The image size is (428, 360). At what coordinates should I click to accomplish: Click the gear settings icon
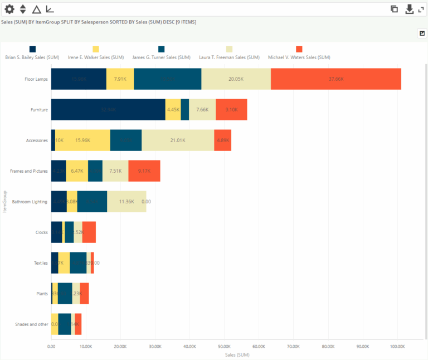click(x=9, y=9)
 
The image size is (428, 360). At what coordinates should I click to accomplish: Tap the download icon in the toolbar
click(x=409, y=9)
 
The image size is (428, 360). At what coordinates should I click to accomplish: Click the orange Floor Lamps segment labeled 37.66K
click(x=336, y=79)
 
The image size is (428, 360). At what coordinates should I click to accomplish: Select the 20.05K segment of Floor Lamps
click(x=236, y=79)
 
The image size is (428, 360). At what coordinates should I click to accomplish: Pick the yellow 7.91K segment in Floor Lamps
click(x=120, y=79)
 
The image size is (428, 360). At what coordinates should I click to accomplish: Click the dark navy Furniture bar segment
click(x=108, y=110)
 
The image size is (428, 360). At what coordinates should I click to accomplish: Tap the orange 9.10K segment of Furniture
click(x=231, y=110)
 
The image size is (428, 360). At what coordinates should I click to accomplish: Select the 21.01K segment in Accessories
click(x=178, y=140)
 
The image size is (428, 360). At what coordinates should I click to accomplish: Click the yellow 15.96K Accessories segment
click(x=82, y=140)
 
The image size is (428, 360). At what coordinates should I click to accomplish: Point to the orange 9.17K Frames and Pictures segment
click(x=144, y=171)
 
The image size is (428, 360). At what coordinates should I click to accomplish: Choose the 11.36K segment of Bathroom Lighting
click(x=127, y=202)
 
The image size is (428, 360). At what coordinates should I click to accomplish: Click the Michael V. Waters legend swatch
click(x=299, y=49)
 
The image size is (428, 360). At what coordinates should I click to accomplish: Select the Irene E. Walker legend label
click(x=95, y=57)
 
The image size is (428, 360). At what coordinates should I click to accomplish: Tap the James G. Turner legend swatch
click(x=162, y=49)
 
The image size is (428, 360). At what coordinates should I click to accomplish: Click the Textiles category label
click(x=41, y=263)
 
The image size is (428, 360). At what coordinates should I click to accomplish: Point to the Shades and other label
click(x=31, y=324)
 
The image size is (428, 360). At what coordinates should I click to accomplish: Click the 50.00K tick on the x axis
click(x=224, y=346)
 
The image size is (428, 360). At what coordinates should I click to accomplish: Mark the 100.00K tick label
click(x=397, y=346)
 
